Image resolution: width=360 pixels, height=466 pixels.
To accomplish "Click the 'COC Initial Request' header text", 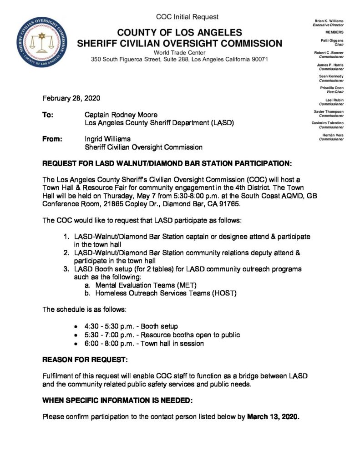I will tap(187, 17).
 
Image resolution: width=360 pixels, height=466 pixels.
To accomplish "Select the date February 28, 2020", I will tap(71, 98).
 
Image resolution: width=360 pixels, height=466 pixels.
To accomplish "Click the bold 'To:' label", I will tap(48, 115).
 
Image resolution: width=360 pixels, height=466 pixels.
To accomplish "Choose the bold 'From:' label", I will tap(51, 139).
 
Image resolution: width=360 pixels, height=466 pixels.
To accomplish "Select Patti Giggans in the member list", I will tap(333, 41).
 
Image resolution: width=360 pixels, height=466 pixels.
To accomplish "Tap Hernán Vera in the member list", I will tap(333, 135).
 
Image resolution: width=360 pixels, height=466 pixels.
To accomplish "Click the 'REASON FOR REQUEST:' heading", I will tap(85, 360).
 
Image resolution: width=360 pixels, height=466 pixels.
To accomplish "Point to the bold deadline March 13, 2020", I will tap(273, 416).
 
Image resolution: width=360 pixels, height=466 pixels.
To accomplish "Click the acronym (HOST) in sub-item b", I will tap(224, 294).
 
